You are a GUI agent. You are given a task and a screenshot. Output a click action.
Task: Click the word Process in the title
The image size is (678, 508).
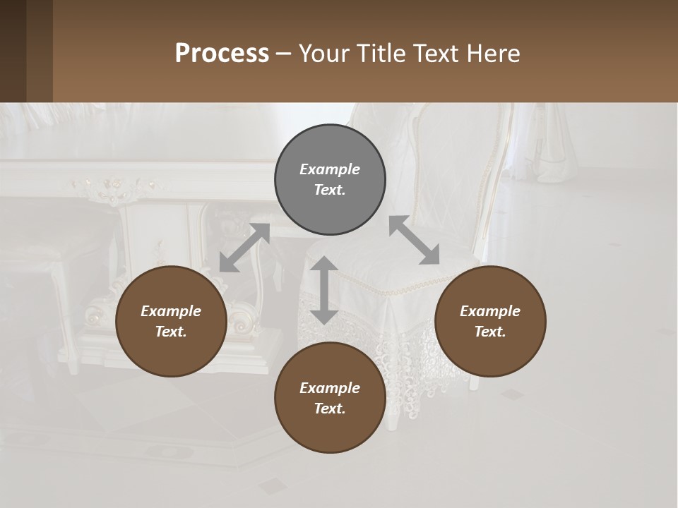(222, 54)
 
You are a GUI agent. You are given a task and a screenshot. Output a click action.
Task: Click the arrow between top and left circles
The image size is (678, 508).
(244, 248)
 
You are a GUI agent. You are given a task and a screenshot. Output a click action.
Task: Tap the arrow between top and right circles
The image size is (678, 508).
(414, 240)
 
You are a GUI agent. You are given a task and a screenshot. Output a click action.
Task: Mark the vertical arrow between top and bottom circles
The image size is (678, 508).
(324, 290)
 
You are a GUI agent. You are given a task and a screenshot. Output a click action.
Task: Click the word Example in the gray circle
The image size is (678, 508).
(330, 169)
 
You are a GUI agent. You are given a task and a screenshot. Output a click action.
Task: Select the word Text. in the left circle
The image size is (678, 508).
(171, 332)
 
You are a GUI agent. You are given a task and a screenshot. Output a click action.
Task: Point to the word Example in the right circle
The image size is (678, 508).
(490, 311)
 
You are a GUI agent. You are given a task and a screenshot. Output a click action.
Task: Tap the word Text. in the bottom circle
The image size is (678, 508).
(330, 409)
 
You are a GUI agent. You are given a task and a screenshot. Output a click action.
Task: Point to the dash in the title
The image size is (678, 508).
(284, 54)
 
